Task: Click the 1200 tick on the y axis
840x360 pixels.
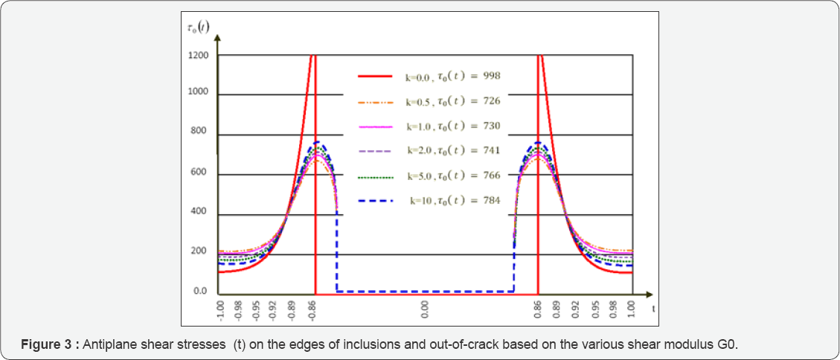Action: pyautogui.click(x=198, y=56)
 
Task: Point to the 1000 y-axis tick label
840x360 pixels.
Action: pyautogui.click(x=198, y=94)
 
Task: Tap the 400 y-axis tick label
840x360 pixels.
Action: pyautogui.click(x=200, y=215)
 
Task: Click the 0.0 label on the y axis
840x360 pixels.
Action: pyautogui.click(x=201, y=291)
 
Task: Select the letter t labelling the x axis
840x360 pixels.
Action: pyautogui.click(x=653, y=306)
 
